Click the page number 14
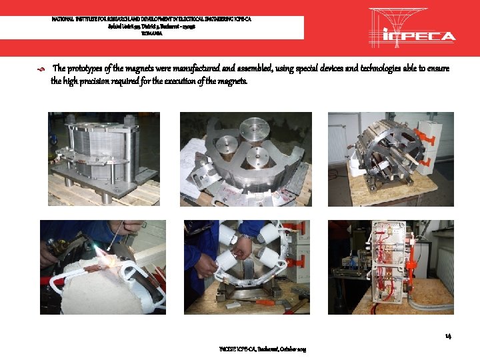448,335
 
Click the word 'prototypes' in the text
100,69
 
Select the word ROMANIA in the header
151,32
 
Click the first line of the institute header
151,19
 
